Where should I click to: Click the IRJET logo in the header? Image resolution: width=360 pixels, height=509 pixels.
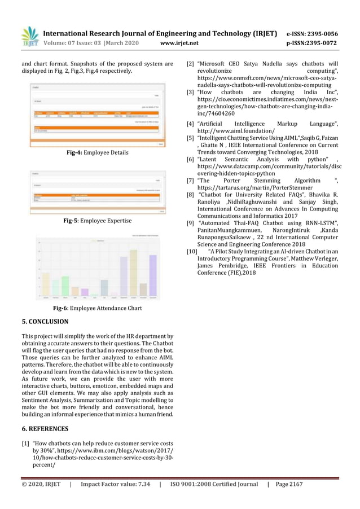point(29,37)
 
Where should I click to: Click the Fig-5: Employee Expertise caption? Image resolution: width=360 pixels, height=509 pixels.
point(97,221)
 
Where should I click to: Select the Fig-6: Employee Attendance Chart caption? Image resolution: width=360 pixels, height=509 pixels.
point(97,308)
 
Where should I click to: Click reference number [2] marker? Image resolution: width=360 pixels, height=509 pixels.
point(190,64)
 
